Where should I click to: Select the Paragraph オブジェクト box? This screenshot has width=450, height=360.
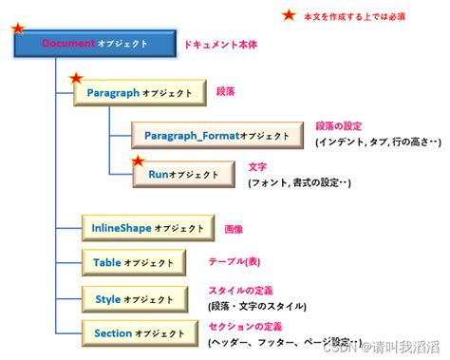[x=139, y=93]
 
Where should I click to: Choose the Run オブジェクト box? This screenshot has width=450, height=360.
[x=185, y=175]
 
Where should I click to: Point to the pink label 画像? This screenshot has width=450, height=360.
[x=233, y=228]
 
